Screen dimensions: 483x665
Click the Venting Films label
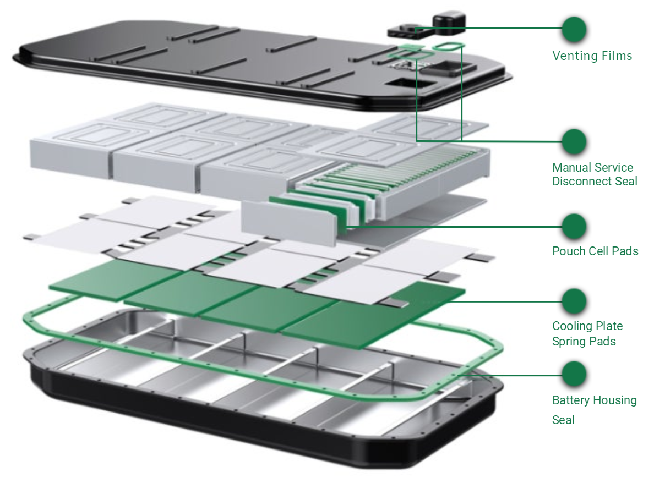[x=592, y=56]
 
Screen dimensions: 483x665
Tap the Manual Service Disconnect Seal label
[x=594, y=174]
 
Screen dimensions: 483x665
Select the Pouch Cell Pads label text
[x=595, y=251]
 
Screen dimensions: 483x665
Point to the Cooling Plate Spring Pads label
[x=587, y=333]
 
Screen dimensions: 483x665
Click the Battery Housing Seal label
[x=594, y=409]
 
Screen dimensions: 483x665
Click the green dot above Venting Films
[x=574, y=29]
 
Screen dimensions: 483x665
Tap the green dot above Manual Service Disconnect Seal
[x=574, y=141]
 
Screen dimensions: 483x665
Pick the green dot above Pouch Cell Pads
[x=574, y=226]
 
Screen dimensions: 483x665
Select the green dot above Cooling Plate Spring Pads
[x=574, y=301]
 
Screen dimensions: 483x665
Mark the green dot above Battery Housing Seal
[x=574, y=374]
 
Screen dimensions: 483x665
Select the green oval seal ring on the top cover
[x=447, y=45]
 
